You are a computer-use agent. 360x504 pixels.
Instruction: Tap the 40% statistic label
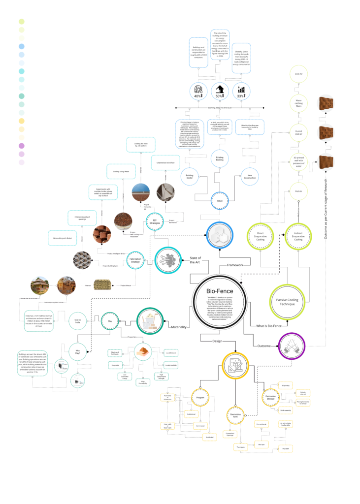(x=197, y=96)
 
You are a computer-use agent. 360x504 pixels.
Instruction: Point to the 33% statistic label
(x=241, y=96)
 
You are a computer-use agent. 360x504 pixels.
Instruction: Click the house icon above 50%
(x=219, y=89)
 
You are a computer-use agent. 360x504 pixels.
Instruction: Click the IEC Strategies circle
(x=155, y=222)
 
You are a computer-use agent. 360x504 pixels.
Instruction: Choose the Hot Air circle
(x=298, y=190)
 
